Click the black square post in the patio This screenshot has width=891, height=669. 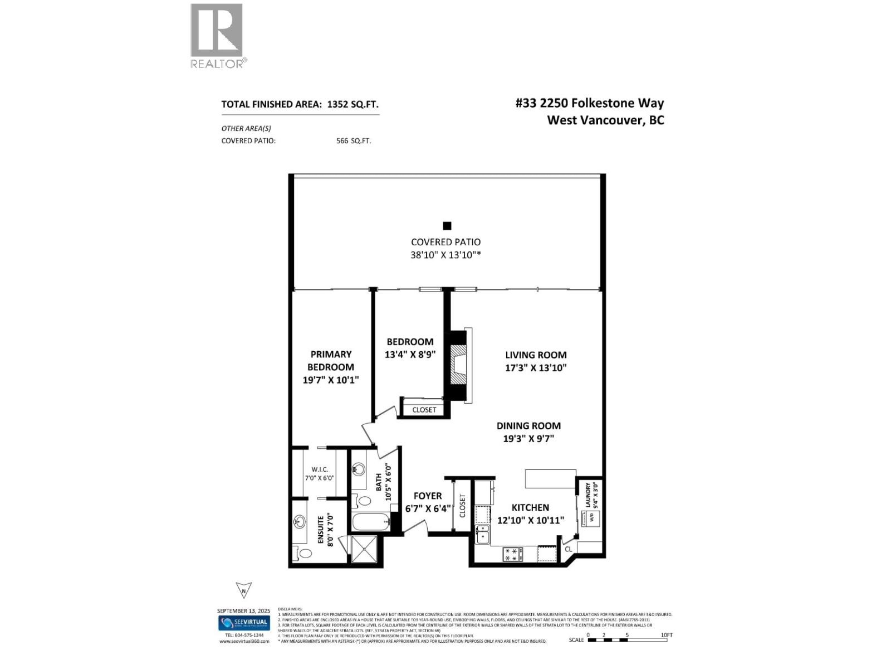pos(447,226)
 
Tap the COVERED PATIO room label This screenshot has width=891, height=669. pos(445,242)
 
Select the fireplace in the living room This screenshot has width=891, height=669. pos(459,366)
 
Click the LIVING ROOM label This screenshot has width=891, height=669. pos(536,355)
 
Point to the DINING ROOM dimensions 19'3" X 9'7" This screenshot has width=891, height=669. pos(528,439)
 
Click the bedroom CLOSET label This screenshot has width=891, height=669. pos(424,410)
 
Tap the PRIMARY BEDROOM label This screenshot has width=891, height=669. pos(331,360)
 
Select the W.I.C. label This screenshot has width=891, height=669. pos(320,469)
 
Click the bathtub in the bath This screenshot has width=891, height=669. pos(370,523)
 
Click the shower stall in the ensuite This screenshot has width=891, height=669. pos(364,550)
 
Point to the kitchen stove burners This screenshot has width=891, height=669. pos(513,554)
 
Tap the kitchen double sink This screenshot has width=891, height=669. pos(482,534)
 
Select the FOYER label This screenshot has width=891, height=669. pos(428,496)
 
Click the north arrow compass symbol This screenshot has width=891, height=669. pos(243,590)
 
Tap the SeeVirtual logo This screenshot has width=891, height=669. pos(244,622)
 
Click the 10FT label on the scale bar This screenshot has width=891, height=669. pos(667,635)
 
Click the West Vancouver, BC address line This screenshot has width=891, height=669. pos(605,120)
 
